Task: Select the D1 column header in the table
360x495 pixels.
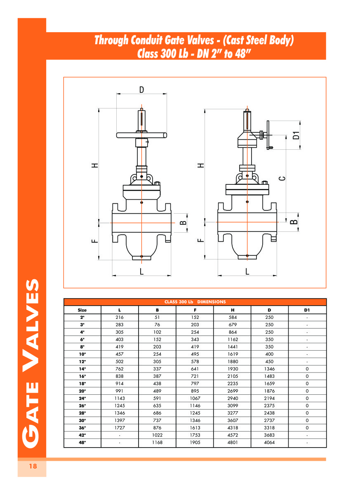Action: [307, 310]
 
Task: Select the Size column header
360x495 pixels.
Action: [82, 310]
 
